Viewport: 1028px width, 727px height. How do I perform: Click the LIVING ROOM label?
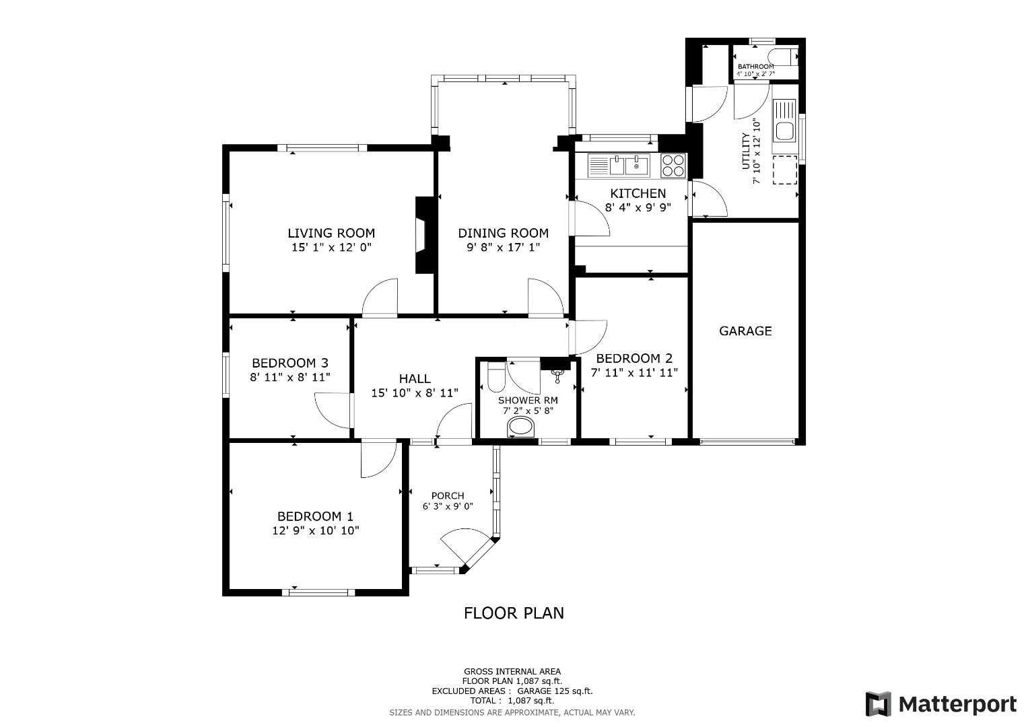pyautogui.click(x=331, y=233)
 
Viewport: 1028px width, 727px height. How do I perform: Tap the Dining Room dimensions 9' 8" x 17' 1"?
pyautogui.click(x=503, y=248)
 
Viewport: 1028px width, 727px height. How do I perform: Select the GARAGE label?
pyautogui.click(x=745, y=331)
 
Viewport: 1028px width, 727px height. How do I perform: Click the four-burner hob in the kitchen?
pyautogui.click(x=673, y=165)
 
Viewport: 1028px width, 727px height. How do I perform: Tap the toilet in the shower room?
pyautogui.click(x=496, y=378)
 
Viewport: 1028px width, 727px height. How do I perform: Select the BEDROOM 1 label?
pyautogui.click(x=315, y=516)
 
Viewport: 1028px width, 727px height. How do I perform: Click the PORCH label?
pyautogui.click(x=448, y=495)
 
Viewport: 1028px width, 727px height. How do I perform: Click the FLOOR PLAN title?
pyautogui.click(x=514, y=613)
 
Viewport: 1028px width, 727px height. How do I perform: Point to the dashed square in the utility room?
pyautogui.click(x=784, y=170)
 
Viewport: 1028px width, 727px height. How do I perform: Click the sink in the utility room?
pyautogui.click(x=784, y=122)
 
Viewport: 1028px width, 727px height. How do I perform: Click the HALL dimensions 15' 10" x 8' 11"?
pyautogui.click(x=415, y=392)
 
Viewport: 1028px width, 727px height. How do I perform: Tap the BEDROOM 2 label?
pyautogui.click(x=634, y=358)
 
